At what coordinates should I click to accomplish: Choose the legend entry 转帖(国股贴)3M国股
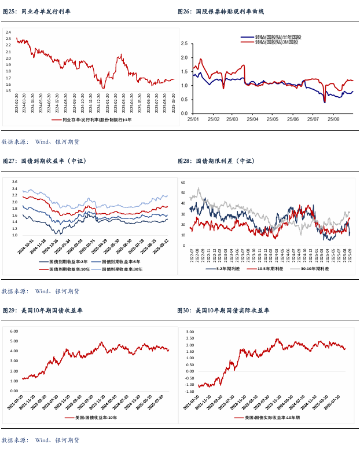(x=276, y=42)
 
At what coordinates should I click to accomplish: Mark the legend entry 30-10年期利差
(x=310, y=268)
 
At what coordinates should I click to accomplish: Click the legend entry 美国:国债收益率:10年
(x=90, y=417)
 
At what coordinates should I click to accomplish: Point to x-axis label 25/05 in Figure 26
(x=272, y=119)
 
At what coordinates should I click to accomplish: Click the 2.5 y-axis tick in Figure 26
(x=185, y=43)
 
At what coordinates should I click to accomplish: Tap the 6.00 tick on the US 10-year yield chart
(x=14, y=331)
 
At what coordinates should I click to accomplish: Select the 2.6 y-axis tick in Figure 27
(x=15, y=182)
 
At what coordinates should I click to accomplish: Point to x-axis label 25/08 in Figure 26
(x=334, y=119)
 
